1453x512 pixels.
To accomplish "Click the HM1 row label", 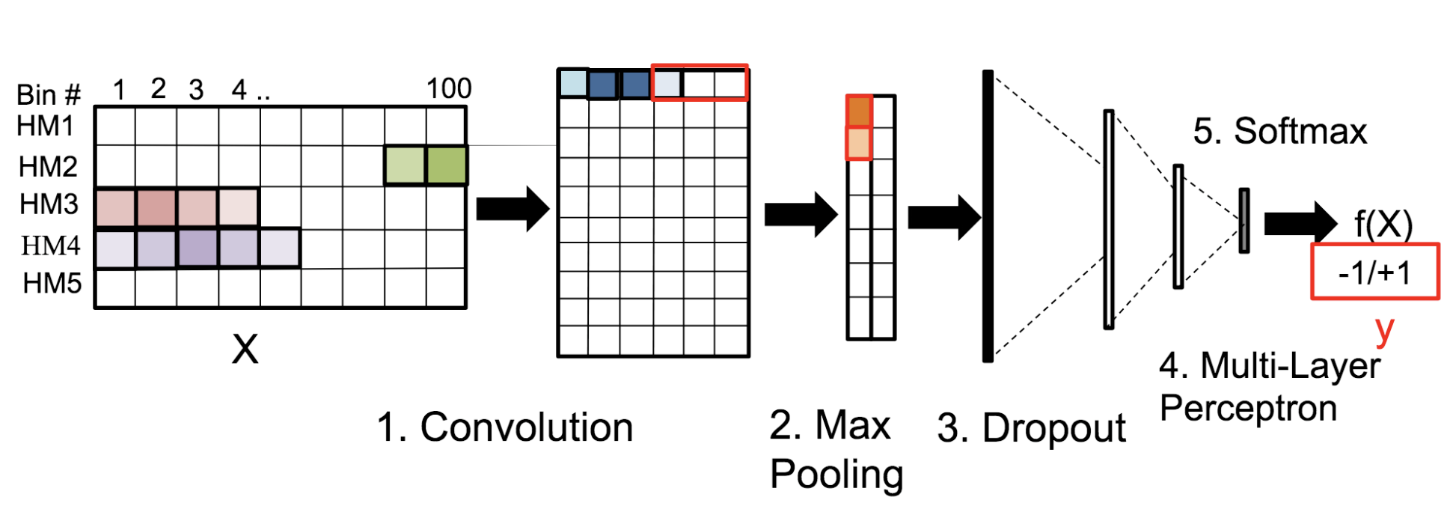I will click(46, 126).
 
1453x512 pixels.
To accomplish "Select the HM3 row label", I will click(49, 204).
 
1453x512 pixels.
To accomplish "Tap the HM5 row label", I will click(52, 284).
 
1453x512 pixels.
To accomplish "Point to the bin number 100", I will click(449, 89).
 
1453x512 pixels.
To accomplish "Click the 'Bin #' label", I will click(48, 95).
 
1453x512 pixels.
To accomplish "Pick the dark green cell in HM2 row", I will click(447, 165).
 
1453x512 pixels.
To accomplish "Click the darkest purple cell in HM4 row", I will click(198, 248).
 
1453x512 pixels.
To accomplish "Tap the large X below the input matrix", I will click(245, 349).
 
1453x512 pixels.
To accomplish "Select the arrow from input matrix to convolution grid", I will click(513, 209).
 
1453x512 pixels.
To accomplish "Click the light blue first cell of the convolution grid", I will click(573, 83).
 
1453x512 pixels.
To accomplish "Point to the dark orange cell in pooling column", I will click(859, 111).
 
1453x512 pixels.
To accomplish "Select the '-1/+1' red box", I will click(1374, 272).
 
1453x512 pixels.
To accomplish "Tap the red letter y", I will click(1385, 329).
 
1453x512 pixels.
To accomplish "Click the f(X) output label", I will click(1383, 224).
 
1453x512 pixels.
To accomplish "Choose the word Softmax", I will click(1300, 132).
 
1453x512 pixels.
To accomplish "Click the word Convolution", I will click(527, 427).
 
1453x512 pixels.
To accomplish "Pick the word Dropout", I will click(1053, 429).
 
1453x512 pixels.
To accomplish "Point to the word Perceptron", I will click(1248, 409).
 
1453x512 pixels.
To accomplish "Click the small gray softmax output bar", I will click(1244, 221).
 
